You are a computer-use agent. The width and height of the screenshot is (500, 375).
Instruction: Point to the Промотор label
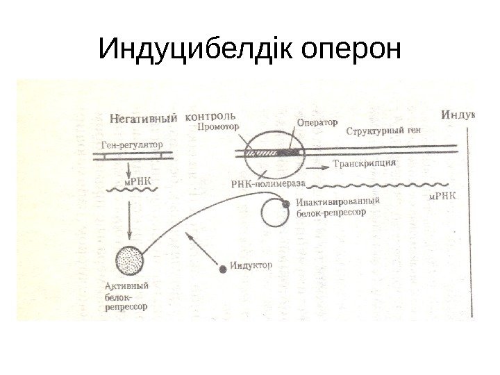(x=218, y=127)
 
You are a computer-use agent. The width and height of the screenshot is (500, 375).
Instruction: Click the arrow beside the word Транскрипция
(x=317, y=167)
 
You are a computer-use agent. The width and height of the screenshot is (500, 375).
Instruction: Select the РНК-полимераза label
(x=267, y=183)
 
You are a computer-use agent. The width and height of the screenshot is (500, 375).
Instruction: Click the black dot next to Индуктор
(x=223, y=268)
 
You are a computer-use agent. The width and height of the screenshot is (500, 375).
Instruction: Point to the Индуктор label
(x=251, y=265)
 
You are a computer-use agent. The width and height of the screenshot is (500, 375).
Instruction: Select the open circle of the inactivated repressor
(x=274, y=215)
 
